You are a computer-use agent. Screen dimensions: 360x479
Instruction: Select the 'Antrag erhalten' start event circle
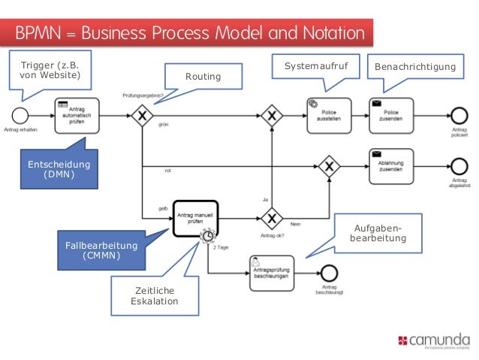[20, 116]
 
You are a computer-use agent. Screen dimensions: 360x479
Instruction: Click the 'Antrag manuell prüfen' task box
[195, 219]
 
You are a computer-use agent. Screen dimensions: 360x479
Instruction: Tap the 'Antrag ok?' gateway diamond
[271, 219]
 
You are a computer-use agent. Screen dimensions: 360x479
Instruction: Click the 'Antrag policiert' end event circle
[459, 116]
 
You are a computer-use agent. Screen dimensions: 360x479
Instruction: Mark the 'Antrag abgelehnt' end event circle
[459, 165]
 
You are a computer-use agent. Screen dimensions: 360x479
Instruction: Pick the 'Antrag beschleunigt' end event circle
[329, 272]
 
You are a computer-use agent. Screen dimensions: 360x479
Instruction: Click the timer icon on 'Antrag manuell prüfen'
[206, 236]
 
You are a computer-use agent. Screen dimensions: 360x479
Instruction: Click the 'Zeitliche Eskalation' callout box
[155, 295]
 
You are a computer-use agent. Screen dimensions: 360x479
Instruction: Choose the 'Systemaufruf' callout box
[315, 68]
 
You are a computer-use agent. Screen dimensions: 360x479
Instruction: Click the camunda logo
[435, 340]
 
